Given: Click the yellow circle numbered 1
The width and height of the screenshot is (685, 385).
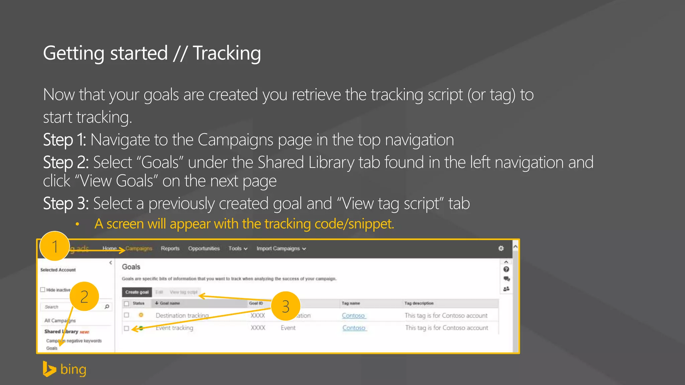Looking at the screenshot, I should click(x=55, y=246).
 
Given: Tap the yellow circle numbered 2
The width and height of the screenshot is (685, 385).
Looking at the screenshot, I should click(x=84, y=296).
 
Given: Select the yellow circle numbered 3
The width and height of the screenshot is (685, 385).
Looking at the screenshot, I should click(x=285, y=306).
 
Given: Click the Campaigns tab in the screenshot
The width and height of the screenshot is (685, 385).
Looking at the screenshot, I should click(x=139, y=248).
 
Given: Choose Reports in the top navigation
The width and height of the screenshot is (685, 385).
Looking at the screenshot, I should click(x=170, y=248).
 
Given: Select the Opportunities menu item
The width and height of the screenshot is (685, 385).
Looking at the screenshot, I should click(x=204, y=248).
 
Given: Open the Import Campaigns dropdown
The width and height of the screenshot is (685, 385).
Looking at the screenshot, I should click(x=281, y=248).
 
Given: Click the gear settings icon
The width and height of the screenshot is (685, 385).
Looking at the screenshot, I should click(x=501, y=248).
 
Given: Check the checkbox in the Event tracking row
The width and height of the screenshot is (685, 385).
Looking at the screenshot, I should click(x=126, y=328).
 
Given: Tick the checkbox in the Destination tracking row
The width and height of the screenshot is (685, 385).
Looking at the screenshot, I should click(x=126, y=315).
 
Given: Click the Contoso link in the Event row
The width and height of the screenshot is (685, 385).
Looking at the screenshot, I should click(x=354, y=328).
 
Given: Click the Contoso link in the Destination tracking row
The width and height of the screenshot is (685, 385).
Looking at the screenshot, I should click(x=353, y=315).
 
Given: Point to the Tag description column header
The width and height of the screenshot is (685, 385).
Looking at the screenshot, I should click(x=419, y=303).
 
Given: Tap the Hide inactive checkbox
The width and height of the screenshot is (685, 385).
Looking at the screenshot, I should click(x=43, y=290).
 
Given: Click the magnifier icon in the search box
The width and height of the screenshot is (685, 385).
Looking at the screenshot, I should click(x=107, y=306).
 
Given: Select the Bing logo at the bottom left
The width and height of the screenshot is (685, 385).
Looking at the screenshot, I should click(x=65, y=369).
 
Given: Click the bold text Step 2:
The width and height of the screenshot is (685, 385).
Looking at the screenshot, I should click(x=66, y=162).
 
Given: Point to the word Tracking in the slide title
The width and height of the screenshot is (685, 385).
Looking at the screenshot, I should click(x=227, y=53).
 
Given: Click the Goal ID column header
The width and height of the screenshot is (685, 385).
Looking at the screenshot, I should click(x=256, y=303).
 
